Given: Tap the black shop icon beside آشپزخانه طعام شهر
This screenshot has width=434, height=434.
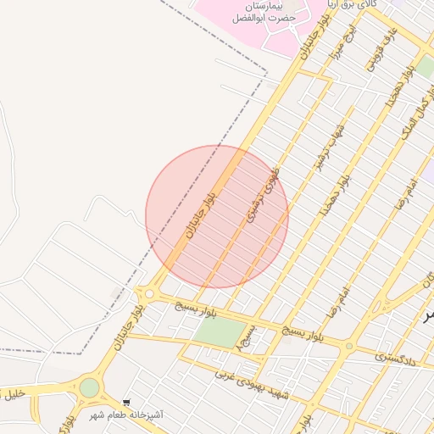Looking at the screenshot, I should point(126,403).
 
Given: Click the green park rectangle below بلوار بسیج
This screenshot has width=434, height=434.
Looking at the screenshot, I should point(218,331).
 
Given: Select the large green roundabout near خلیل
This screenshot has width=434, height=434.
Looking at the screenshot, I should point(89,388).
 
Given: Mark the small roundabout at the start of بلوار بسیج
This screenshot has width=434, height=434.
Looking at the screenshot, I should point(149,294).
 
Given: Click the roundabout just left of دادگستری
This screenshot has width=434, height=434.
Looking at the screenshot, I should point(348,345).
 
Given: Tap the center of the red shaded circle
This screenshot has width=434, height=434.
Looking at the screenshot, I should point(217,217).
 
